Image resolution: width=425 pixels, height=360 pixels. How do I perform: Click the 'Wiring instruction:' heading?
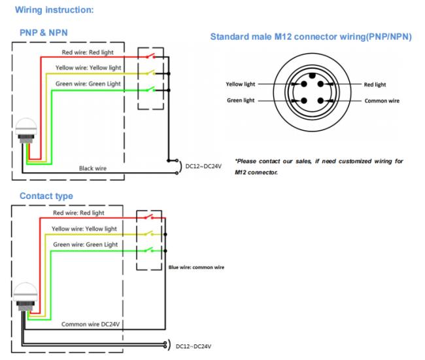(x=54, y=10)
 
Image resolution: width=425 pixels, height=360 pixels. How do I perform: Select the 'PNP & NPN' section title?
(x=44, y=33)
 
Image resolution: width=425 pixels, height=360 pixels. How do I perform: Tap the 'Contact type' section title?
(x=46, y=196)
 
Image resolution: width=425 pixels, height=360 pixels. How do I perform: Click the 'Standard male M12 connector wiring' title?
(x=311, y=37)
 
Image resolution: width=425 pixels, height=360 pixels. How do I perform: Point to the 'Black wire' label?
(x=93, y=168)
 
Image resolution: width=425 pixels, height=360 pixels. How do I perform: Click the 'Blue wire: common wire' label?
(x=196, y=267)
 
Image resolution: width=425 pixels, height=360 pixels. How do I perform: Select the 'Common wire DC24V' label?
(x=90, y=324)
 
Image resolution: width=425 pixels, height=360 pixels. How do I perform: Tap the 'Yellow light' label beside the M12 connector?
(x=241, y=84)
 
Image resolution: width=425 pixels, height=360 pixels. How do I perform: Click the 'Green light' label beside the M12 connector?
(x=241, y=100)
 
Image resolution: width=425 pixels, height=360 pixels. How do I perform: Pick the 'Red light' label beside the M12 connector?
(x=375, y=84)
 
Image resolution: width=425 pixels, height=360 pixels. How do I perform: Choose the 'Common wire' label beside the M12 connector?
(x=382, y=101)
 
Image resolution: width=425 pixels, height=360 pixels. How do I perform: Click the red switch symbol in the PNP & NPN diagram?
(x=150, y=56)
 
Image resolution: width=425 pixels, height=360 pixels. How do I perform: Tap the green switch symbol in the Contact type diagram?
(x=149, y=250)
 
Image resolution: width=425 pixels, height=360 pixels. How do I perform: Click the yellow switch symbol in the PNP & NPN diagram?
(x=150, y=73)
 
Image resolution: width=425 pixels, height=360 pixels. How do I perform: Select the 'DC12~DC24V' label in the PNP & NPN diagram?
(x=203, y=166)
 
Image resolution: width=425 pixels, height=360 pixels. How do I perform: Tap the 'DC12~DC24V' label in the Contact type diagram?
(x=194, y=346)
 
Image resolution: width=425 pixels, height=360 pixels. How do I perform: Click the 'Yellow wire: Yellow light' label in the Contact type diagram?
(x=84, y=228)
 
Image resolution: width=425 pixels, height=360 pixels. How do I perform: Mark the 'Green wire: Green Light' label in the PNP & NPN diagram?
(x=88, y=84)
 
